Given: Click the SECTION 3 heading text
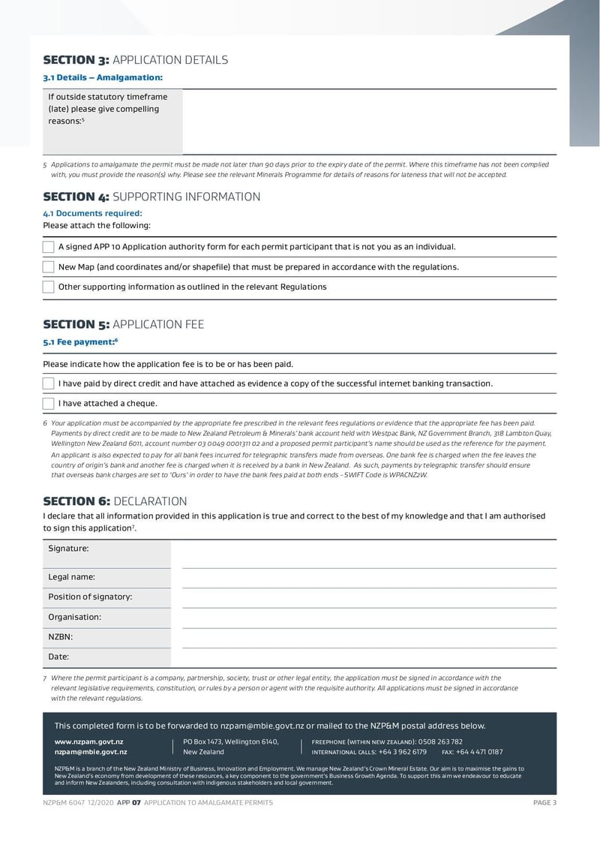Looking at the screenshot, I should coord(135,60).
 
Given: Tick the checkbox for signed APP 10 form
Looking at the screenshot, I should coord(49,247).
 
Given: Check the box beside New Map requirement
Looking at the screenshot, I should coord(49,267).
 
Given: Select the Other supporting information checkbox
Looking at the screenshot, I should coord(49,287).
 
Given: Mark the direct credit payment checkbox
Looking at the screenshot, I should coord(49,383).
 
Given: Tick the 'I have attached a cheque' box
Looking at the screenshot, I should coord(49,404).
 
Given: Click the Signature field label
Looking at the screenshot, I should coord(68,549).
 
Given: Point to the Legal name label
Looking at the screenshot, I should coord(71,577).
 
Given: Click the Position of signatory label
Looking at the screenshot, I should coord(90,597).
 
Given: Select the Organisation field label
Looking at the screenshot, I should coord(74,617).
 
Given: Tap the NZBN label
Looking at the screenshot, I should coord(61,637).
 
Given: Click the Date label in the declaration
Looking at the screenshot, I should coord(58,657).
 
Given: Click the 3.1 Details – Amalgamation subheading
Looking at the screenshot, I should coord(103,77).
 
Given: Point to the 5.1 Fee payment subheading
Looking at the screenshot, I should coord(80,342).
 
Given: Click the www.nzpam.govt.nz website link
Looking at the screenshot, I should coord(88,741).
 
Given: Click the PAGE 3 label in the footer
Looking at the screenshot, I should coord(544,803).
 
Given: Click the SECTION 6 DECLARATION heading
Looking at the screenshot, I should coord(115,501).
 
